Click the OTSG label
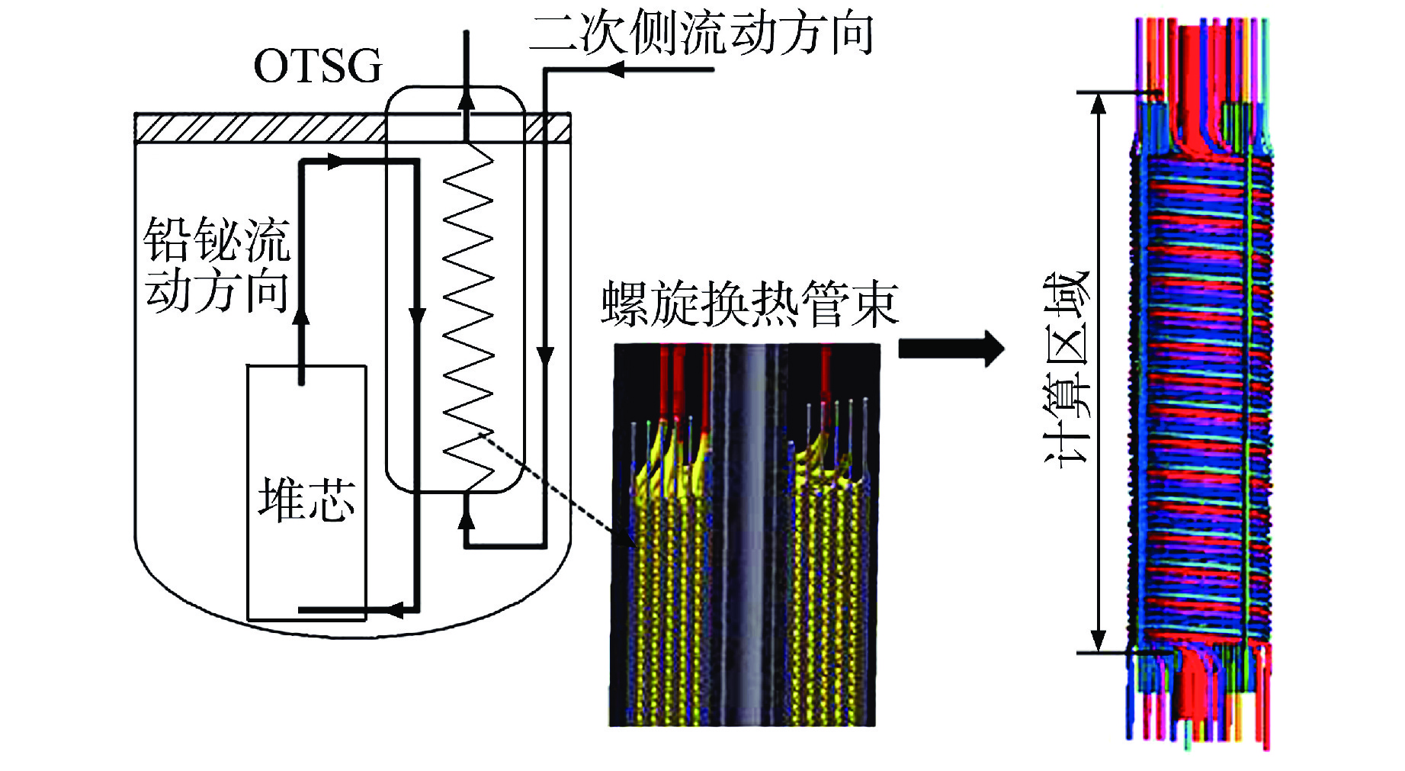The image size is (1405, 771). (x=317, y=66)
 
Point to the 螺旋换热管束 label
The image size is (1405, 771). (x=749, y=304)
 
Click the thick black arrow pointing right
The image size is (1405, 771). (x=951, y=349)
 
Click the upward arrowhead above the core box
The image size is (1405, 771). (x=301, y=313)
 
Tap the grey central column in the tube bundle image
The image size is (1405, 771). (x=749, y=534)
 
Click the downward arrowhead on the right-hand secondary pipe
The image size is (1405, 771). (x=544, y=355)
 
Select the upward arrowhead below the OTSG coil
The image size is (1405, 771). (x=467, y=519)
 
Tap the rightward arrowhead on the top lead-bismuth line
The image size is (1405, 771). (x=335, y=161)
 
